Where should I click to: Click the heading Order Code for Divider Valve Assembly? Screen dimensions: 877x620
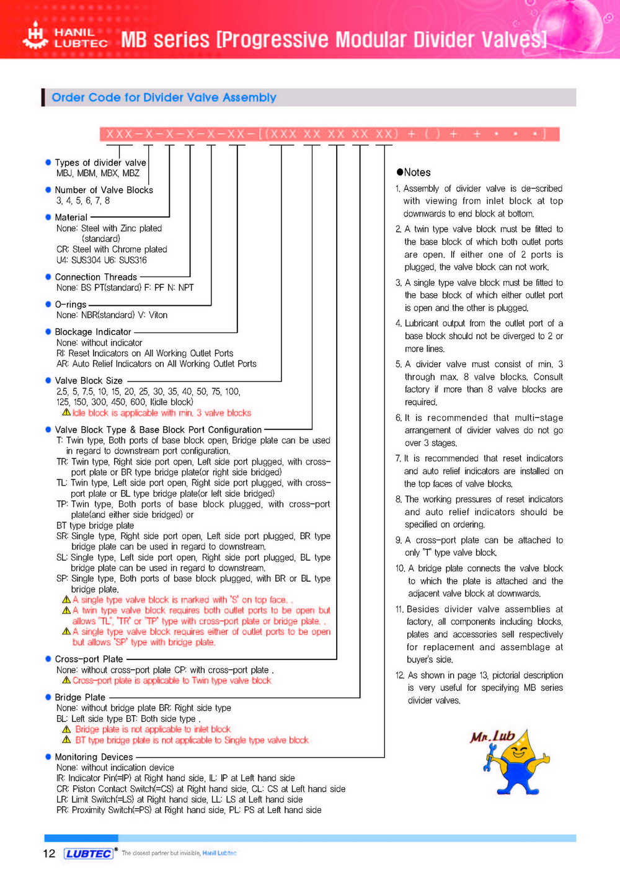point(164,97)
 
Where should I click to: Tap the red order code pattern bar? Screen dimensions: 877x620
point(329,134)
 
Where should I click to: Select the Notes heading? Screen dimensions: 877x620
point(414,172)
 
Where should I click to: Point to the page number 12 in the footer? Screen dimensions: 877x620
point(49,853)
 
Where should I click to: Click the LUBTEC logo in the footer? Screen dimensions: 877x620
point(89,853)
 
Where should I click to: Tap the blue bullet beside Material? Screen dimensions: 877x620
point(48,217)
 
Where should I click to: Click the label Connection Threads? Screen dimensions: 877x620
point(95,277)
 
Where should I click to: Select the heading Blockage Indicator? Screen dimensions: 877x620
point(93,332)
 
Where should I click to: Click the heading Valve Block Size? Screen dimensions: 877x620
point(89,380)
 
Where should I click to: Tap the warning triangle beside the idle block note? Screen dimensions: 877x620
point(66,412)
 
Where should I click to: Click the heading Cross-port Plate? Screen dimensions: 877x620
point(89,659)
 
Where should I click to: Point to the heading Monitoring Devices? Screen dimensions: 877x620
point(94,757)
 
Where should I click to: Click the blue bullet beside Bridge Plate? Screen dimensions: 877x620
point(48,697)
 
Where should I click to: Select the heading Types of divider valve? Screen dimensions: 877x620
point(100,162)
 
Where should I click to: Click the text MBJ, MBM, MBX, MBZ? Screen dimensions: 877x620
point(98,173)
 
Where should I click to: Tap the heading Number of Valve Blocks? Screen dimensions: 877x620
point(104,190)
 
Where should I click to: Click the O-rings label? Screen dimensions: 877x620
point(71,305)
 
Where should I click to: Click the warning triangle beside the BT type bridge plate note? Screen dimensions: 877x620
point(66,740)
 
